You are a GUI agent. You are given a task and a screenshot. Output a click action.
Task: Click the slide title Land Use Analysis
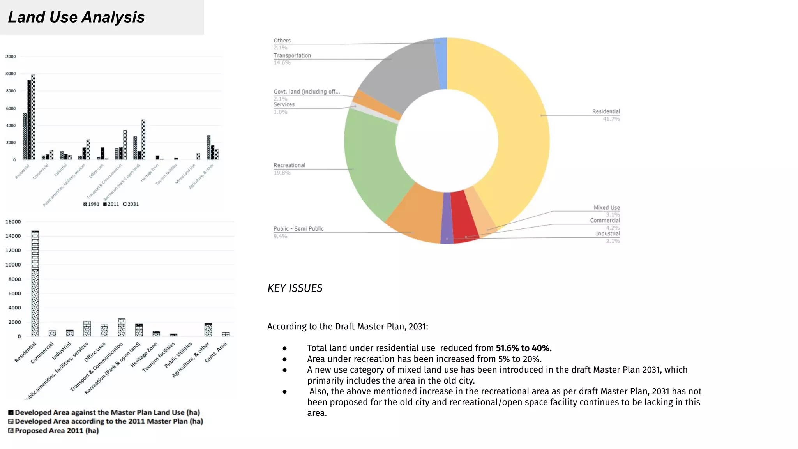click(76, 17)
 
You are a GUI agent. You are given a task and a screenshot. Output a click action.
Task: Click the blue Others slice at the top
click(441, 62)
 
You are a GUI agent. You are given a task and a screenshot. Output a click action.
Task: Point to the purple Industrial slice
click(447, 218)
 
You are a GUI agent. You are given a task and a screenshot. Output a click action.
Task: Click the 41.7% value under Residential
click(611, 119)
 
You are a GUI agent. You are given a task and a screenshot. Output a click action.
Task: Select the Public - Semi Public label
click(298, 229)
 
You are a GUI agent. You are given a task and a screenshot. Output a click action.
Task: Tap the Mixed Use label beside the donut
click(607, 208)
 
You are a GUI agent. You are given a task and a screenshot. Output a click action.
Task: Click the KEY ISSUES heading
click(295, 288)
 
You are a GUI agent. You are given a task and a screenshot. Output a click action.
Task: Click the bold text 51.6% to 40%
click(523, 348)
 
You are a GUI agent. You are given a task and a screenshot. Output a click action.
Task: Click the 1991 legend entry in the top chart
click(92, 204)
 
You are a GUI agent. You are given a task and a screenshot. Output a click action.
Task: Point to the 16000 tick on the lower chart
click(13, 222)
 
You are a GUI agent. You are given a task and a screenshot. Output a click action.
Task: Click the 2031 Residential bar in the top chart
click(34, 117)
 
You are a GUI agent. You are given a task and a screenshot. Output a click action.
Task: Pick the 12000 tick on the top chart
click(11, 57)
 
